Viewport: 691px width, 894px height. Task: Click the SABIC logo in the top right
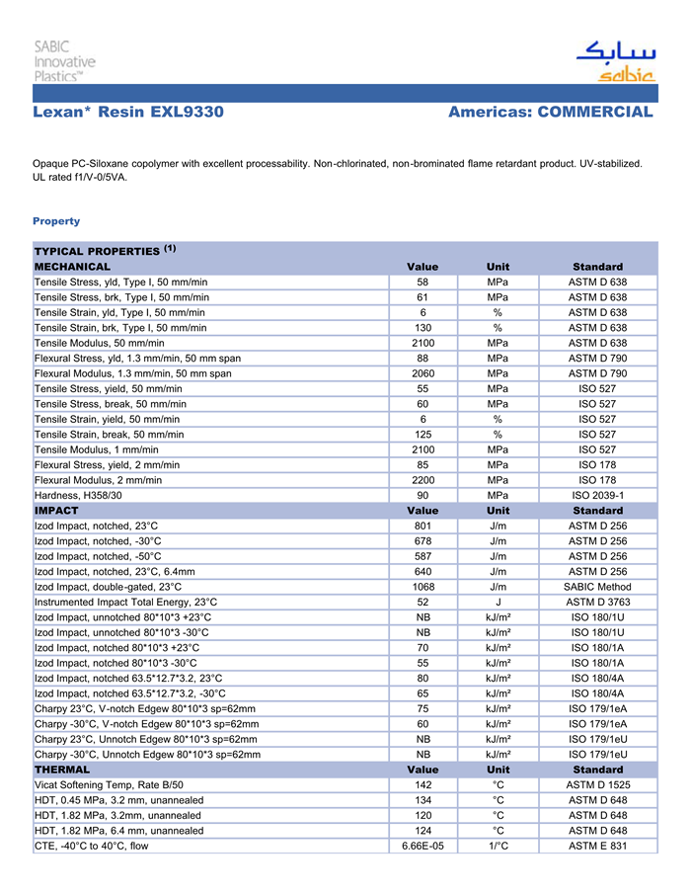(614, 61)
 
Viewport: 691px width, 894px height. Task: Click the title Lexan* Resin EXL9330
(128, 112)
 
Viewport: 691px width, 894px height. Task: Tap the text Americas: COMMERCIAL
(550, 112)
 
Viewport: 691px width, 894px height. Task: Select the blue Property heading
(56, 220)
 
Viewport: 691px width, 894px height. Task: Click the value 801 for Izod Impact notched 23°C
(422, 527)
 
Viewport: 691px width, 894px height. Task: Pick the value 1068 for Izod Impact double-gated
(422, 587)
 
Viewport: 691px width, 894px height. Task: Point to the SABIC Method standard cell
(597, 587)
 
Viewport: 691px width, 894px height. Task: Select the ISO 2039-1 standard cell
(597, 495)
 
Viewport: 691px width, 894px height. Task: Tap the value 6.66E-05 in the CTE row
(422, 846)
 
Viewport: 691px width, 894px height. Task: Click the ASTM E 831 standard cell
(597, 846)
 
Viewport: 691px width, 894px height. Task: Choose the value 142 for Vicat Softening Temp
(422, 784)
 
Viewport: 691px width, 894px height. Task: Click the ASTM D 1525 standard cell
(597, 784)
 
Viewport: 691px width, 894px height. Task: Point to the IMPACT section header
(57, 511)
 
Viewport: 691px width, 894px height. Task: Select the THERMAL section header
(62, 769)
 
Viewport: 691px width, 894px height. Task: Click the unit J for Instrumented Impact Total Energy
(499, 602)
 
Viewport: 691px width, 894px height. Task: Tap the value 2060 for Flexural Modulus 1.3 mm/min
(422, 373)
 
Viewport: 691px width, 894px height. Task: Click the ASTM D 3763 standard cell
(597, 602)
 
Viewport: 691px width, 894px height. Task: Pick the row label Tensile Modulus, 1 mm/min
(97, 449)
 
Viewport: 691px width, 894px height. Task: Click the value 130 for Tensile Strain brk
(422, 328)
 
